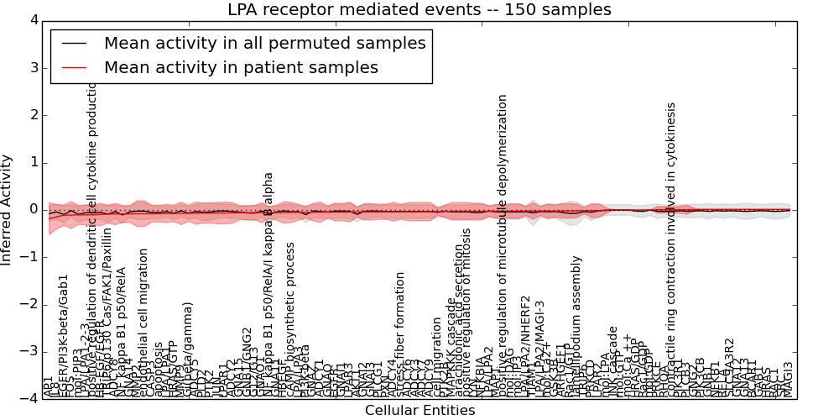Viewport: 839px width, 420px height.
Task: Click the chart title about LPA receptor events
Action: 419,10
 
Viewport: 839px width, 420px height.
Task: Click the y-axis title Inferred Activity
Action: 7,209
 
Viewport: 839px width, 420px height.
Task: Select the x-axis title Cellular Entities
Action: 419,410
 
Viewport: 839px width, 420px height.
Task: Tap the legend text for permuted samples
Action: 264,44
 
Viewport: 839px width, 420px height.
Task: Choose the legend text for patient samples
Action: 241,67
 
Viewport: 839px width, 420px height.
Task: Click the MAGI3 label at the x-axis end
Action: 788,379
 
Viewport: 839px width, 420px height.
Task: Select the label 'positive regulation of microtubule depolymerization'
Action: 503,244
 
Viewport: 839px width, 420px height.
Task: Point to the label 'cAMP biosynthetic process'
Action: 290,319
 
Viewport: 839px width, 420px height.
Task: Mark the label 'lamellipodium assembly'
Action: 576,328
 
